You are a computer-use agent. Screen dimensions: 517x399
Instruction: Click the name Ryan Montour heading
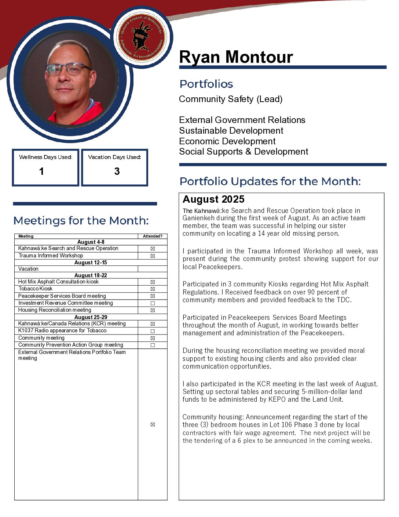236,57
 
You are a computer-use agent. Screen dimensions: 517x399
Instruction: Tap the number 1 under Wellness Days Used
41,171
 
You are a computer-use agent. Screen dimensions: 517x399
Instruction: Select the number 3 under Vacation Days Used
117,171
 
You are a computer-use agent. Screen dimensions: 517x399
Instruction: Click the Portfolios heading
206,84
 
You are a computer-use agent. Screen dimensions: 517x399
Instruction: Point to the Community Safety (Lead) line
231,99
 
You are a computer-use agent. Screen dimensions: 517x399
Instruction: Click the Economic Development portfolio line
227,141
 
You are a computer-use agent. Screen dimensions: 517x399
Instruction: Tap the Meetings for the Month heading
81,221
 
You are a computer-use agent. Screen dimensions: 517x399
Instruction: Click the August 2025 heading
213,199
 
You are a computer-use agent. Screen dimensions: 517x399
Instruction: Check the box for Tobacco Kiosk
153,289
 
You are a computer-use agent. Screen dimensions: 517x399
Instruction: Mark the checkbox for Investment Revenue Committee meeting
153,303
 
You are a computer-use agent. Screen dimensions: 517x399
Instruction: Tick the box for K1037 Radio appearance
153,331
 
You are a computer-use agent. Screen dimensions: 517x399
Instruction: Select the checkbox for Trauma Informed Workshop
153,256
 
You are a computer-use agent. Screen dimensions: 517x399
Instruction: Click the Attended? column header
153,236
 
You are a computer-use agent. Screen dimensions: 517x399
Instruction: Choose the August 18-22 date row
91,275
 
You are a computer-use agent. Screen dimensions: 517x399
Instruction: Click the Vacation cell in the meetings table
29,269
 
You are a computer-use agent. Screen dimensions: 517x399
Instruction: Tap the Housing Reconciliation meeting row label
55,310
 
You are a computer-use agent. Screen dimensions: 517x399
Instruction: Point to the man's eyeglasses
69,69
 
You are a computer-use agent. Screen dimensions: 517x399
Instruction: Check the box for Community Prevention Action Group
153,345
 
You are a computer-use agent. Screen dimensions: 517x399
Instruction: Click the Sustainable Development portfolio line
231,131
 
